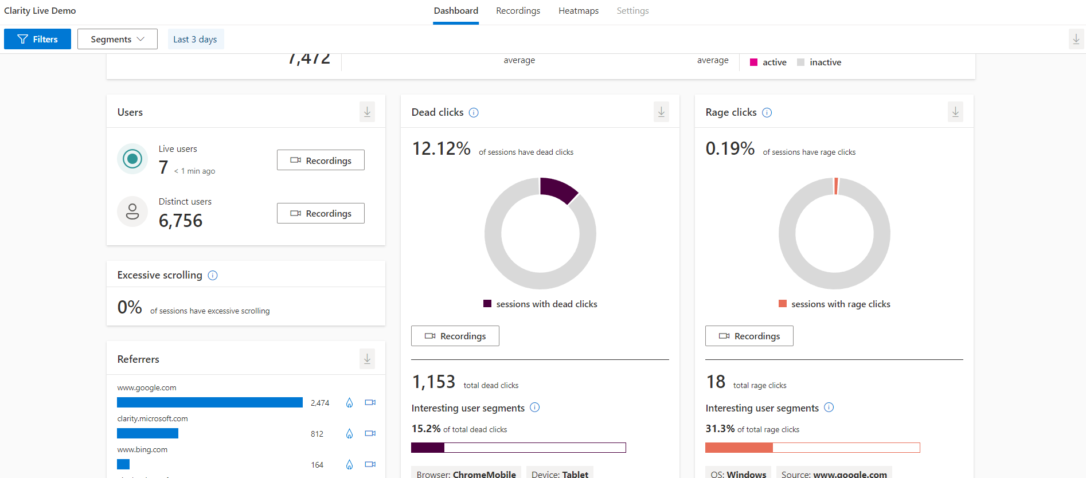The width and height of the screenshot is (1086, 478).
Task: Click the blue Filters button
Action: tap(37, 39)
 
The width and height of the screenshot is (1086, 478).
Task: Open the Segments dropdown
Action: tap(117, 39)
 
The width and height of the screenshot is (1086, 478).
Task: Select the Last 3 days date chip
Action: tap(195, 39)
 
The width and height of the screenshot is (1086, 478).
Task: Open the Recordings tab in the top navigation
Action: tap(518, 11)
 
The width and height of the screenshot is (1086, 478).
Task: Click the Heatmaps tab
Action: tap(578, 11)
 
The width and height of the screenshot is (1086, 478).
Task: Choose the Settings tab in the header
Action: tap(632, 11)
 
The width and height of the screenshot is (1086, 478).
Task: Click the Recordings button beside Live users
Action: tap(321, 160)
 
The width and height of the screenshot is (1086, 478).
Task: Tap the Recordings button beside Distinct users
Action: tap(321, 213)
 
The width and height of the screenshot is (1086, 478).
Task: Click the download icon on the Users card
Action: tap(367, 112)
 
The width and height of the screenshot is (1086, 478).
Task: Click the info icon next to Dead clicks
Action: tap(474, 112)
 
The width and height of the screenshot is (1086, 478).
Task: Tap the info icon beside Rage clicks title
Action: tap(767, 112)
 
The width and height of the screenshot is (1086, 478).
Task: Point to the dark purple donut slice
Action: tap(558, 190)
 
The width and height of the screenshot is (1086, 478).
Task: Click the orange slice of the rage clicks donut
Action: tap(836, 186)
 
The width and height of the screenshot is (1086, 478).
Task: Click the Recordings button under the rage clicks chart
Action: tap(749, 336)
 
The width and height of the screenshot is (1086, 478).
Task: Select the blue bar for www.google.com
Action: tap(210, 402)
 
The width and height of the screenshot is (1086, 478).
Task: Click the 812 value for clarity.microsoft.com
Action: tap(317, 434)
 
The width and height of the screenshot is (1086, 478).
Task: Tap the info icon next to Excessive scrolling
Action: tap(213, 275)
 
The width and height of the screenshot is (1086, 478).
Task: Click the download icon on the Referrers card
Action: tap(367, 359)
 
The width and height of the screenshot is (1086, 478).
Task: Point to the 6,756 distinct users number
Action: tap(181, 221)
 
